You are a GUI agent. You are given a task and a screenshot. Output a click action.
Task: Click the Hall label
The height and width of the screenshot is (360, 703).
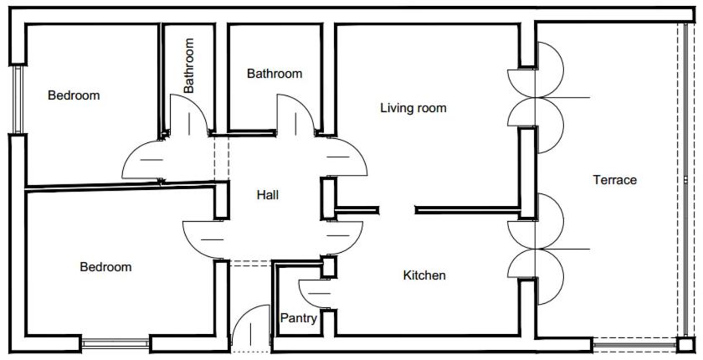(268, 195)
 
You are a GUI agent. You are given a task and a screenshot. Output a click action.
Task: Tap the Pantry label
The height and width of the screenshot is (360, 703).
(299, 318)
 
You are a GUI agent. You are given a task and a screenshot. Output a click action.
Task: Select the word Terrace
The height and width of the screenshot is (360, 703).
(614, 180)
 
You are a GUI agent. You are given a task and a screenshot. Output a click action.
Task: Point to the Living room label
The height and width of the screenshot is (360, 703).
(413, 108)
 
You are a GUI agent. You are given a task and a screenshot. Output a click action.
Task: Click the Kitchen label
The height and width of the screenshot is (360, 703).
(424, 275)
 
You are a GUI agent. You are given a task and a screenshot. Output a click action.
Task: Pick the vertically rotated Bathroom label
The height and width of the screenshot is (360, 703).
(189, 65)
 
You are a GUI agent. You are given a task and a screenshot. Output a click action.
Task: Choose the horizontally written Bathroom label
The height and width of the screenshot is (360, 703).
(275, 74)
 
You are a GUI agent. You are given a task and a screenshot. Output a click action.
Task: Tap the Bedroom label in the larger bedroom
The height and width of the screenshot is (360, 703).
(105, 267)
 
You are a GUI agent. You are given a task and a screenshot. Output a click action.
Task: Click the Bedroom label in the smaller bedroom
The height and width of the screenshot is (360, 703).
(74, 95)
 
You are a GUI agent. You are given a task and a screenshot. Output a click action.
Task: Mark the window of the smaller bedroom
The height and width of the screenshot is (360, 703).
(18, 100)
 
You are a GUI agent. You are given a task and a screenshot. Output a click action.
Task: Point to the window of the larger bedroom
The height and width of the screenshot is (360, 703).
(115, 344)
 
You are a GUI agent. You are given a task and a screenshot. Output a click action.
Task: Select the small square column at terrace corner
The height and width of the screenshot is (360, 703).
(685, 345)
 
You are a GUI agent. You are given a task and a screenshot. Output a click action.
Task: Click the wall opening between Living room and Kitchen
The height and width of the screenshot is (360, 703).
(397, 210)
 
